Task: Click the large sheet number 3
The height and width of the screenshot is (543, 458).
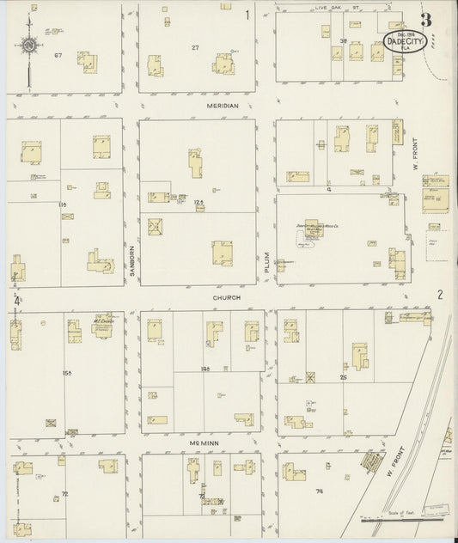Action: pos(425,19)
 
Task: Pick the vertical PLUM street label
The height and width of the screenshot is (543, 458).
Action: pos(266,271)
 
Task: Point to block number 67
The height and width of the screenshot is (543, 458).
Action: pos(59,56)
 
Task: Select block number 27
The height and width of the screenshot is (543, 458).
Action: pos(195,47)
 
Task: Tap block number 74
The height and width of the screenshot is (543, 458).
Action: pos(319,491)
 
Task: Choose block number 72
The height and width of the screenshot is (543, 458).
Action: pos(64,494)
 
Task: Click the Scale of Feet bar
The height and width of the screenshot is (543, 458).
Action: pos(398,520)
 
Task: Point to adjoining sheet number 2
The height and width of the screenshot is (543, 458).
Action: pos(439,294)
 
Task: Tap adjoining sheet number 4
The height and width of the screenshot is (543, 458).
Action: pos(16,301)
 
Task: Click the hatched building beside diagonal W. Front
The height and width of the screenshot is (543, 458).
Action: pos(372,463)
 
